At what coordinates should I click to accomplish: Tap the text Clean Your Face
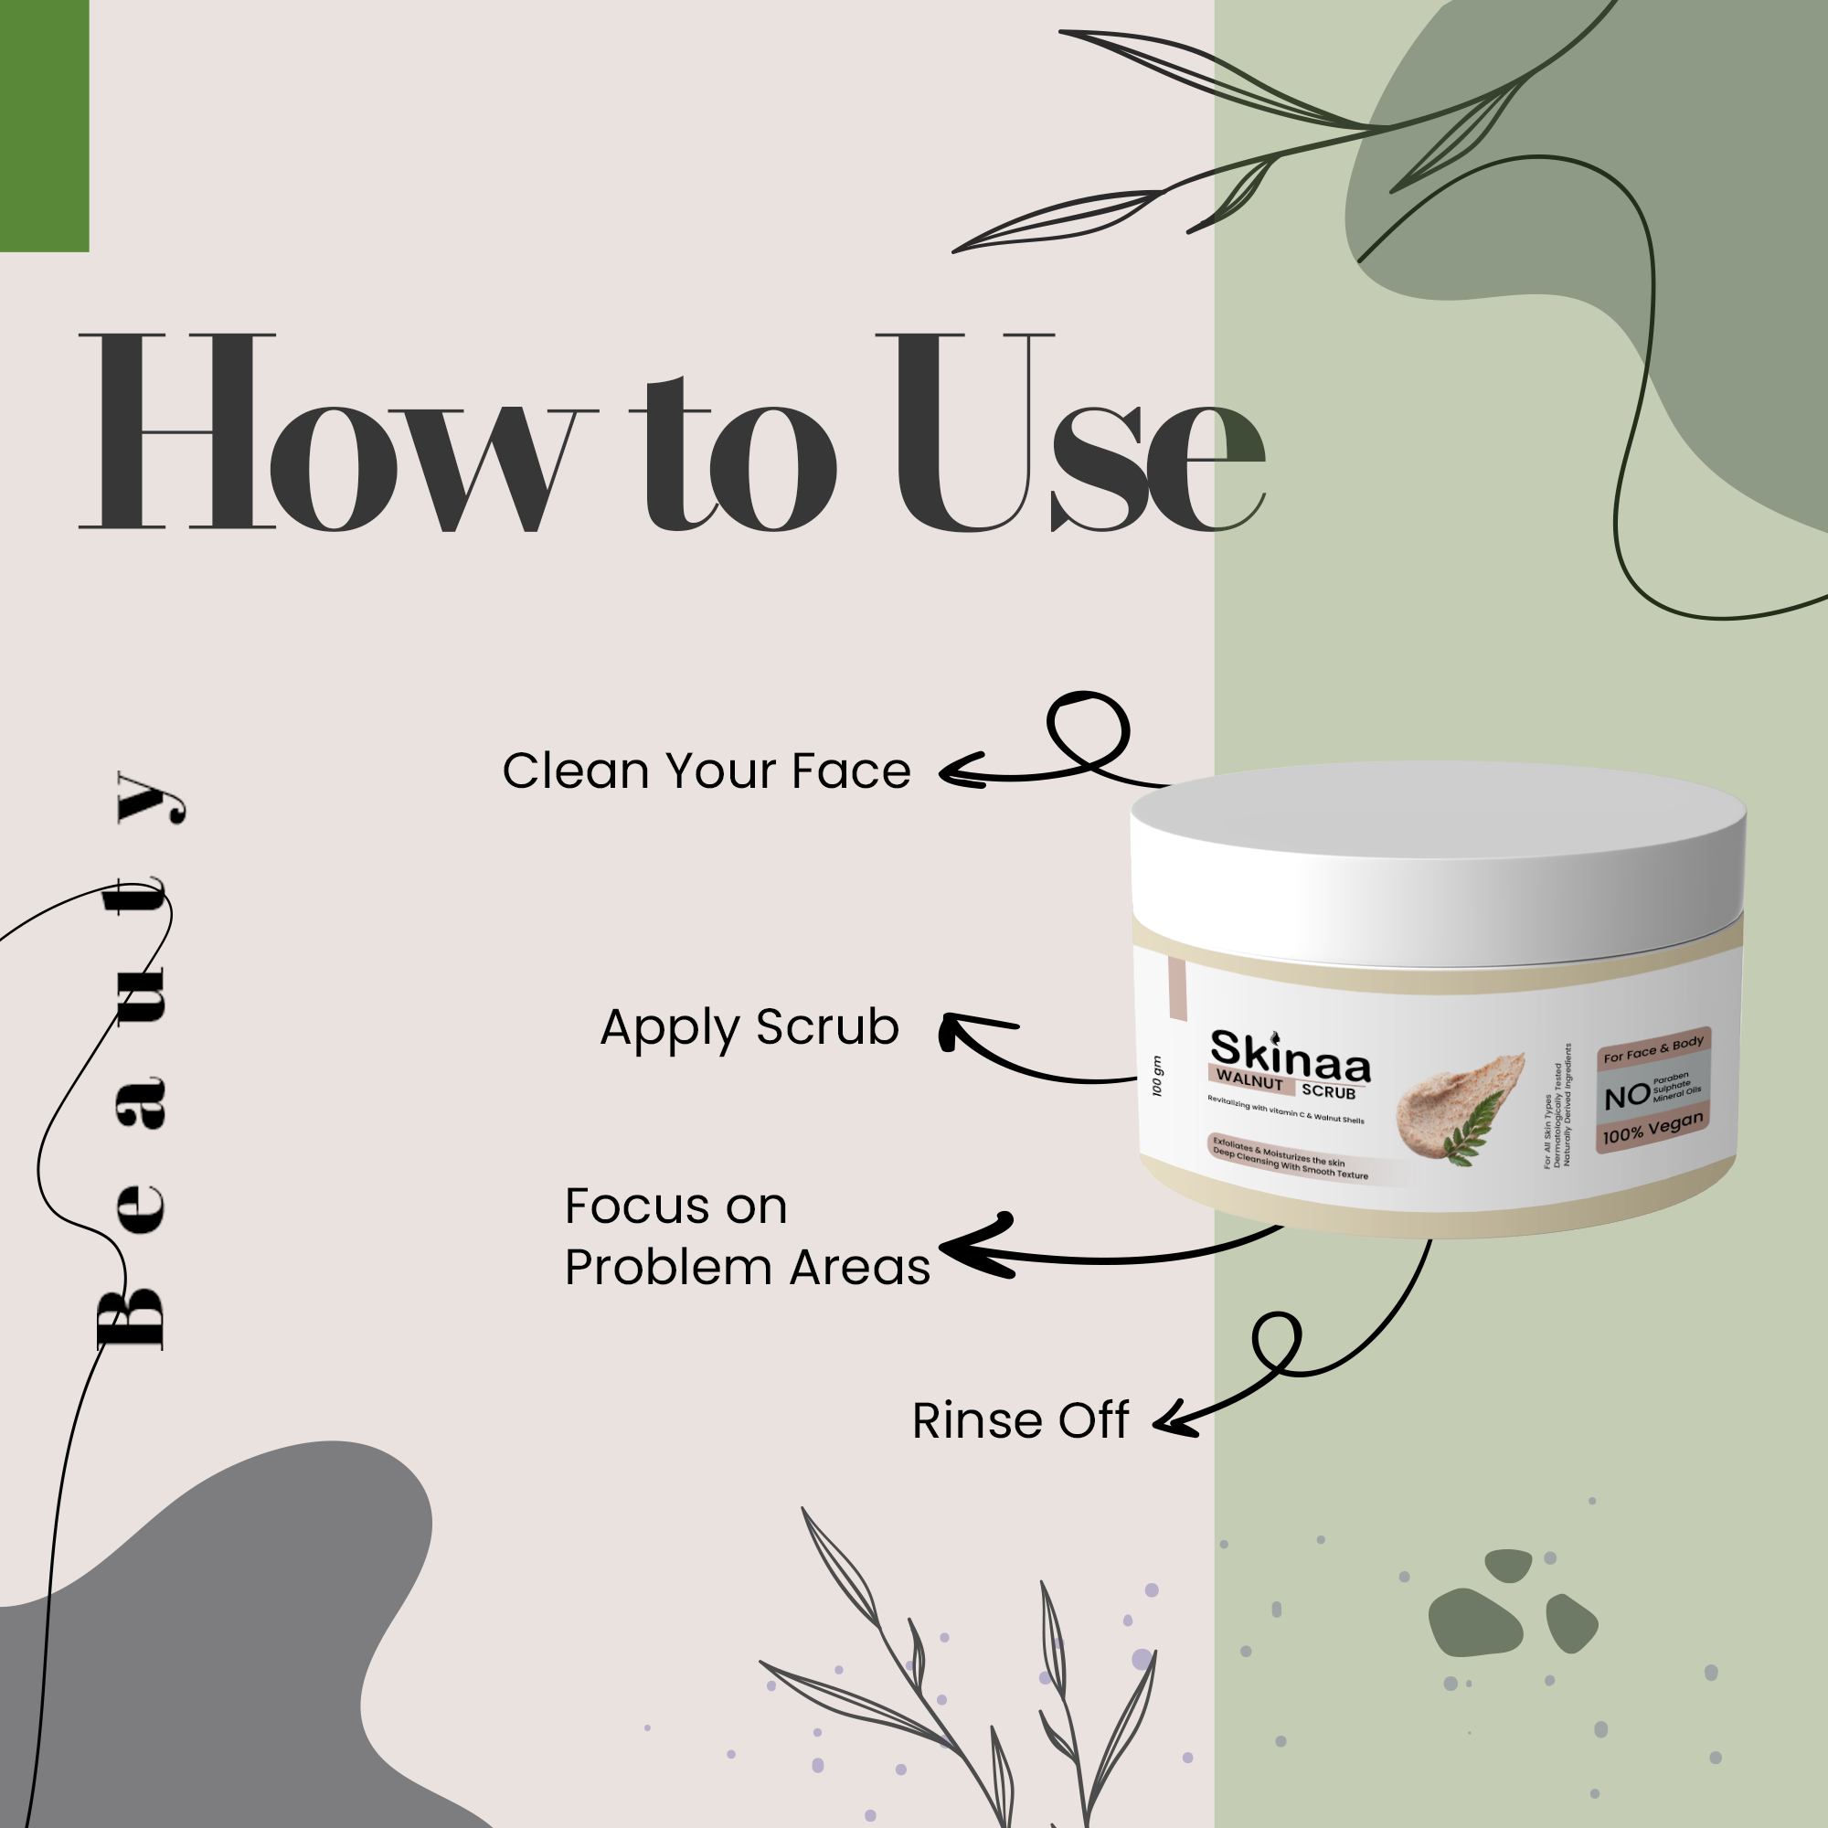pos(706,771)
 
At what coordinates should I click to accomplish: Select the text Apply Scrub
pos(749,1027)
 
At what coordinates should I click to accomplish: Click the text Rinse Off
pos(1020,1420)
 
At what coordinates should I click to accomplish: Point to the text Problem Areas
pos(747,1267)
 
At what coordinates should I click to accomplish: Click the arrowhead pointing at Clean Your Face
pos(958,771)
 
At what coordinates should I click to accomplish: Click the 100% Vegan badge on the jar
pos(1653,1128)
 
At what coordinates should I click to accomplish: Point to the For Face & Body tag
pos(1653,1047)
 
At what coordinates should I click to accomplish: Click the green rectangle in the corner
pos(44,125)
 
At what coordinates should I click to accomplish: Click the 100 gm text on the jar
pos(1157,1076)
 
